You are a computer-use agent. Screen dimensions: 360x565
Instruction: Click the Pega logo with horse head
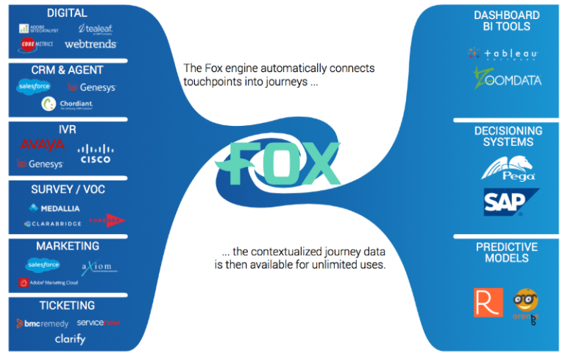tap(508, 168)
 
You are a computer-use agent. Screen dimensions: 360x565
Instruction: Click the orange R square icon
tap(488, 303)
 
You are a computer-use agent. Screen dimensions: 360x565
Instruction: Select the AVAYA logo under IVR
tap(42, 145)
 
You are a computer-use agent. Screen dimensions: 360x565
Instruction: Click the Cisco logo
tap(96, 154)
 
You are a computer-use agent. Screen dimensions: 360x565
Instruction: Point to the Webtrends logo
tap(90, 45)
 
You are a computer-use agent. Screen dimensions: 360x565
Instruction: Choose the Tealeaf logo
tap(95, 28)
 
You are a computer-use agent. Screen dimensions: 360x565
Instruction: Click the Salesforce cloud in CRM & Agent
tap(34, 87)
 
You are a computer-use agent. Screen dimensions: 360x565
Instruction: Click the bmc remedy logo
tap(42, 323)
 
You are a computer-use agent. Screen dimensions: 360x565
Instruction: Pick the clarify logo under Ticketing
tap(70, 339)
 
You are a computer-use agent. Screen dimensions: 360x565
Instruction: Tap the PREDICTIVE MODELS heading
tap(506, 253)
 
